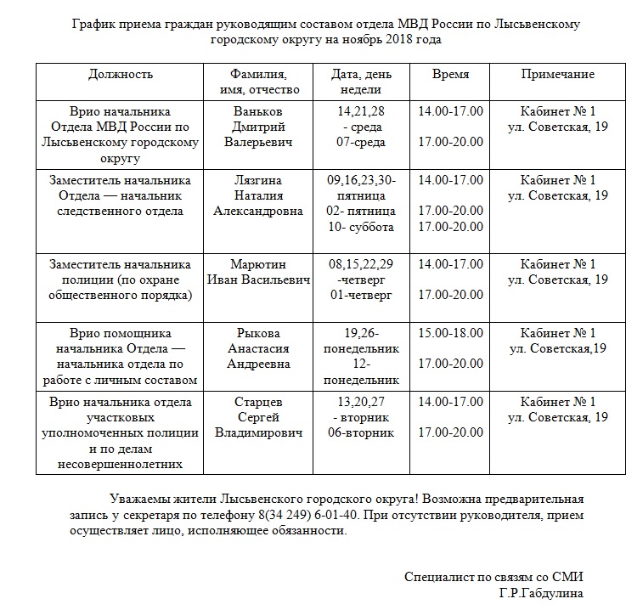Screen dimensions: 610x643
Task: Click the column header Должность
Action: (x=121, y=74)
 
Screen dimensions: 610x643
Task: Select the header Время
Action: (x=450, y=74)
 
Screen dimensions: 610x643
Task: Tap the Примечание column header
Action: (x=557, y=74)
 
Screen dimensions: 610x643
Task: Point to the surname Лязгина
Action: (x=257, y=180)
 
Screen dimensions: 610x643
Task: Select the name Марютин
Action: (x=257, y=264)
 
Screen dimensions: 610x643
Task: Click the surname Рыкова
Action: (x=257, y=333)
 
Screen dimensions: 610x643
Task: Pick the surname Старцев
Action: (x=257, y=402)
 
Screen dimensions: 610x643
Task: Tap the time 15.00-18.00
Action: (x=450, y=333)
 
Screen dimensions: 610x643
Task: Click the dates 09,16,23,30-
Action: (x=362, y=180)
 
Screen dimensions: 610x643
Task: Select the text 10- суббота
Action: (x=362, y=227)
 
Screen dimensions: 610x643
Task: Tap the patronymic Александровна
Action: (x=258, y=212)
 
